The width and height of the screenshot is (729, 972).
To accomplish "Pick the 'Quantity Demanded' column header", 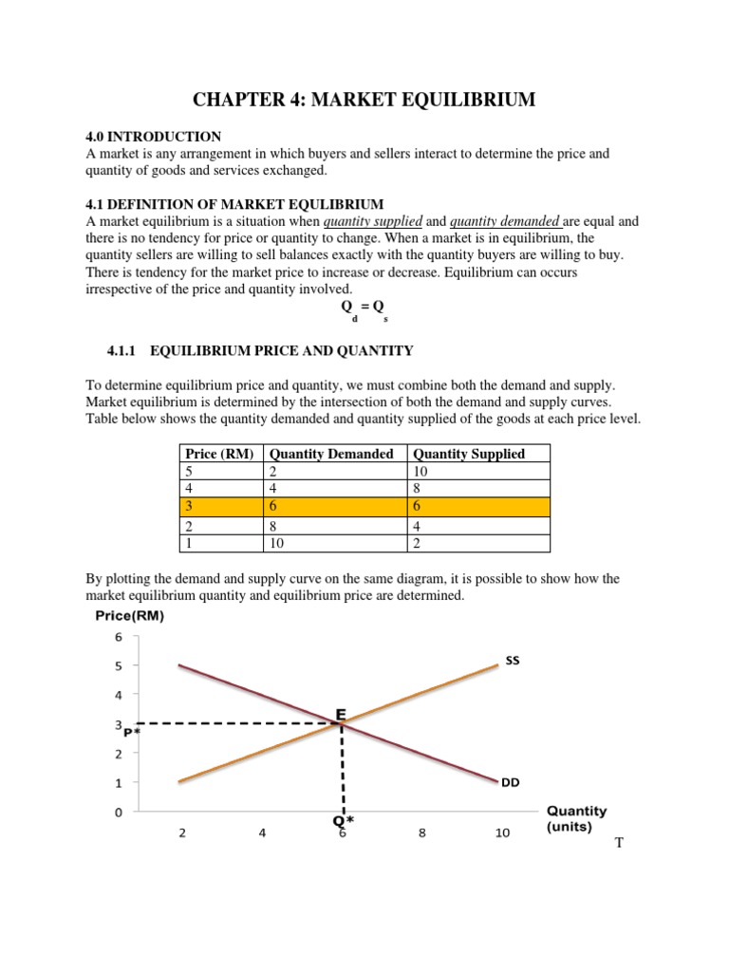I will (x=335, y=454).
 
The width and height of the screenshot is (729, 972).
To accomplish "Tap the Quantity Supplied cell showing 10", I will (x=421, y=472).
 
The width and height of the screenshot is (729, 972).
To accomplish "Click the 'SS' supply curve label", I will (x=514, y=660).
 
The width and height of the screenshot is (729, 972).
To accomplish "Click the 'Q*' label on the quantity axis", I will (x=343, y=820).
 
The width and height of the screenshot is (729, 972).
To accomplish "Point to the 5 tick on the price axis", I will (x=119, y=665).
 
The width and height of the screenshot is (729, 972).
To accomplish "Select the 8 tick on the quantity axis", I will (x=422, y=833).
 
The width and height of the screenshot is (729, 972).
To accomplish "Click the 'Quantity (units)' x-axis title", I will (x=575, y=818).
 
